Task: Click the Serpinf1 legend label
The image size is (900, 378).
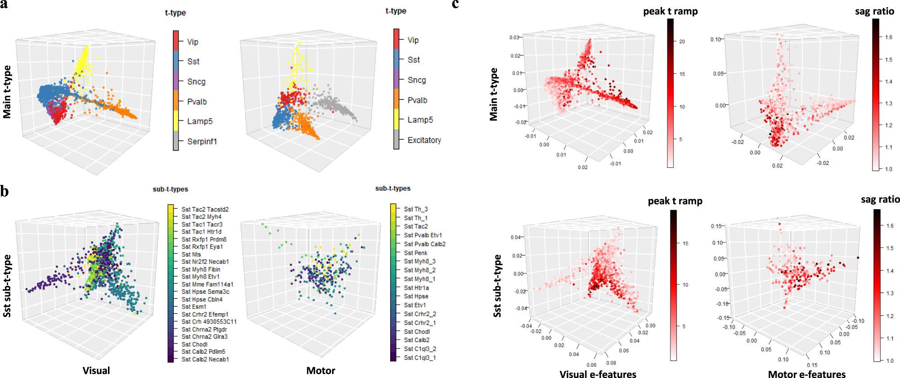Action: [202, 141]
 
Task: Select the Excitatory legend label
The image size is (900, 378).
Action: [424, 140]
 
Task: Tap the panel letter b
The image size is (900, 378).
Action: [4, 192]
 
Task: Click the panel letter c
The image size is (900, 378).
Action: [455, 4]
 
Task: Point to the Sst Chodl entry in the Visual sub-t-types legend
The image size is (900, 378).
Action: [194, 344]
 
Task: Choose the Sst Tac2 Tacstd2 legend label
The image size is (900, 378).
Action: [205, 209]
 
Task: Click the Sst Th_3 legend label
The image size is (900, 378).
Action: [416, 209]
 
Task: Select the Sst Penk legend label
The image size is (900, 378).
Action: [415, 253]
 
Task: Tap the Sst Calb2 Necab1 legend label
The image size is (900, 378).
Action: [205, 359]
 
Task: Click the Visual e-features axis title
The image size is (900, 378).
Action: [598, 373]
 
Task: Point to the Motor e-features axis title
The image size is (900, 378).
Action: [806, 373]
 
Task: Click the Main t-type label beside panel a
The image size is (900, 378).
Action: [7, 92]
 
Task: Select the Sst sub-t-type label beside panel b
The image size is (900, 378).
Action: [7, 286]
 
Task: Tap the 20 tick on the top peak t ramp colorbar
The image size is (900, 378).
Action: [682, 41]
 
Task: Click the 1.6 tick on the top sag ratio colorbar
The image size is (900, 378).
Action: [888, 37]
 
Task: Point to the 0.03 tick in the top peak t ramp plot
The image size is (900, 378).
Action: [514, 37]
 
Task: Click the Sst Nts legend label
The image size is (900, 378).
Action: [191, 254]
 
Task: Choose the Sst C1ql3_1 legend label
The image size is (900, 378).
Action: [420, 358]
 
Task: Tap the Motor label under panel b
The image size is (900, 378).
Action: [320, 370]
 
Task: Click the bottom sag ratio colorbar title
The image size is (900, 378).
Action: [880, 199]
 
